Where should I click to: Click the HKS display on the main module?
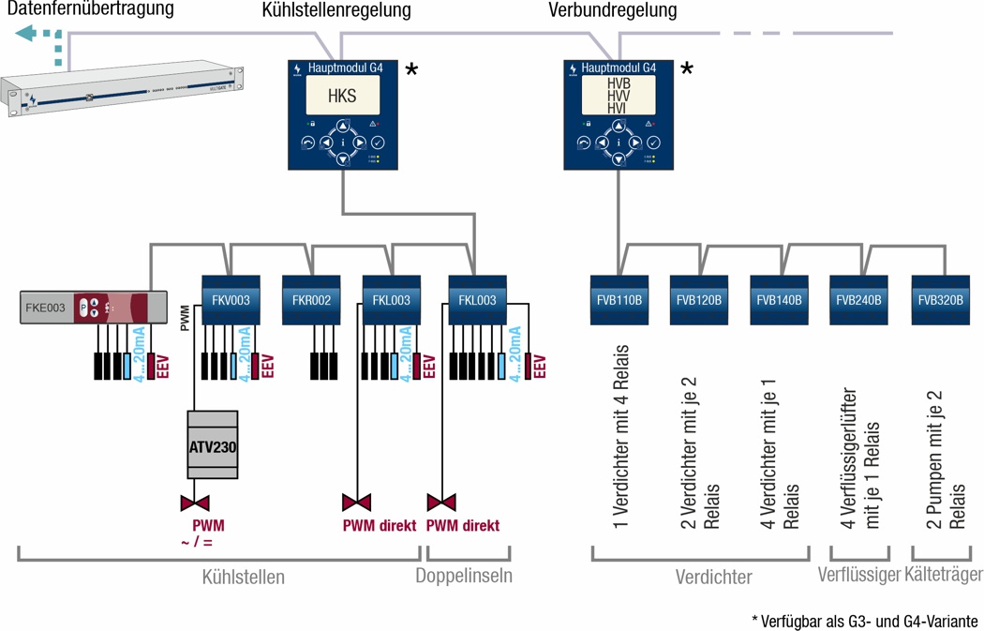[x=342, y=96]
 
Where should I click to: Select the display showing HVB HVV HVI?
[x=618, y=96]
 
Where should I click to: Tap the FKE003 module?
[x=84, y=308]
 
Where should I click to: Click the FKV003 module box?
[x=231, y=301]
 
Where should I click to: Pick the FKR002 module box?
[x=311, y=301]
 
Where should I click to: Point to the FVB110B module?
[x=619, y=301]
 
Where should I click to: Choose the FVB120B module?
[x=699, y=301]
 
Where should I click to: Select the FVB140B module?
[x=779, y=301]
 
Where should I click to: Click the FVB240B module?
[x=858, y=301]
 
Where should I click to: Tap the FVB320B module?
[x=940, y=301]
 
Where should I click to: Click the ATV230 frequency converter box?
[x=213, y=446]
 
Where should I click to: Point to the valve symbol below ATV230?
[x=194, y=503]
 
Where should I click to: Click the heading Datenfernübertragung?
[x=91, y=9]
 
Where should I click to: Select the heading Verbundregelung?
[x=612, y=11]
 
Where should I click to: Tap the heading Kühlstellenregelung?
[x=335, y=11]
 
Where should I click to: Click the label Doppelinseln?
[x=464, y=576]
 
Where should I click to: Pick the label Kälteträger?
[x=944, y=574]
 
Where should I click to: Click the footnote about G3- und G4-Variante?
[x=864, y=621]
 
